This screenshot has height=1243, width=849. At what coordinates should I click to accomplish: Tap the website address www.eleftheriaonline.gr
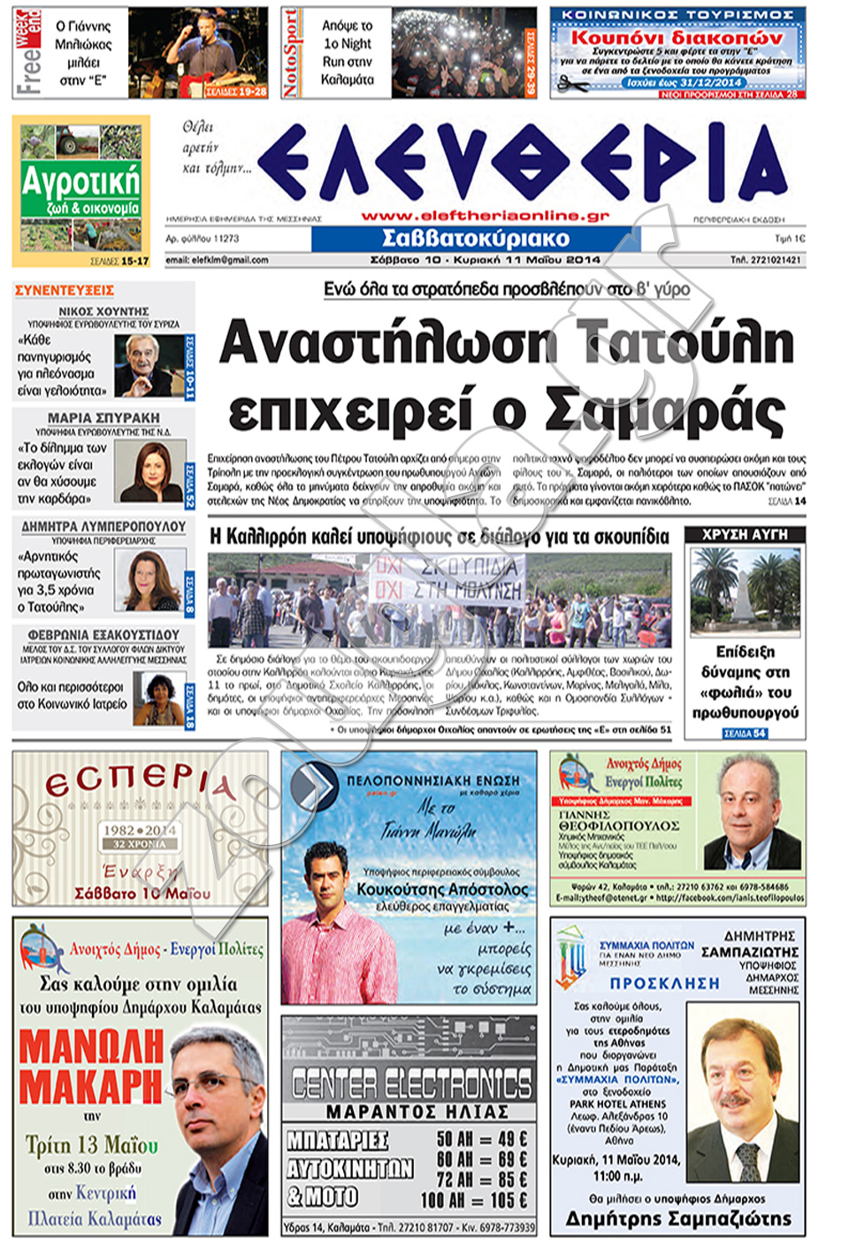(486, 215)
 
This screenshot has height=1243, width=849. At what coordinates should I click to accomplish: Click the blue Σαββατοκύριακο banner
(476, 238)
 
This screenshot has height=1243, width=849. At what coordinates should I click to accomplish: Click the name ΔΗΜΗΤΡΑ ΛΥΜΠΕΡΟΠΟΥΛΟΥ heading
(103, 526)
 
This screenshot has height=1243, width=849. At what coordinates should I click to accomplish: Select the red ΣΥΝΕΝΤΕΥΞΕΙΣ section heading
(65, 290)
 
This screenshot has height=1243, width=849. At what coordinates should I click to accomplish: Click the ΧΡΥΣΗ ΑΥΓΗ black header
(745, 534)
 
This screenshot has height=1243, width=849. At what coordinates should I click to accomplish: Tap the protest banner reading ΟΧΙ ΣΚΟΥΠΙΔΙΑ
(447, 577)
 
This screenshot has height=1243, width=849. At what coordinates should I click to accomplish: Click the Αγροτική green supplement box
(80, 189)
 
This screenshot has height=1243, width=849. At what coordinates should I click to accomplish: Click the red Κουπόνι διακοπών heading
(677, 38)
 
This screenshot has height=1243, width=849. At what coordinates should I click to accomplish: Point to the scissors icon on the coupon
(571, 86)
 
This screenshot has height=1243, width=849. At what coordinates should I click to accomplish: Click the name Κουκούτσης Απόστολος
(442, 889)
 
